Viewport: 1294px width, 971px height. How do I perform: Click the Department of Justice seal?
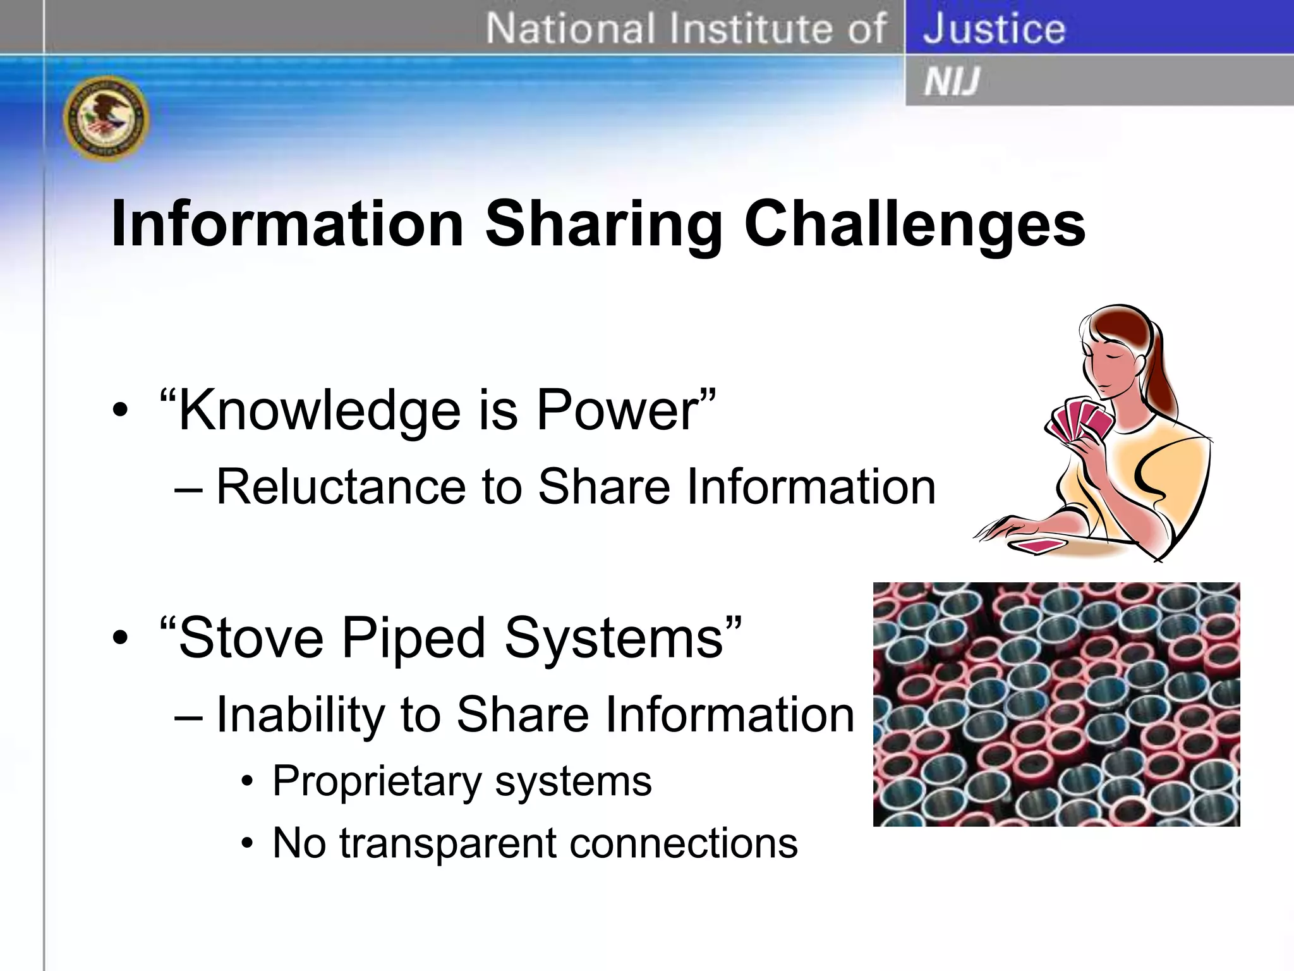(x=106, y=118)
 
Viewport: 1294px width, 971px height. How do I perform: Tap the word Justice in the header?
(x=994, y=28)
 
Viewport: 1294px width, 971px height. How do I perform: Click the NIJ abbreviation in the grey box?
(x=951, y=82)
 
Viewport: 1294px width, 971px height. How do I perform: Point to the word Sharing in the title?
(x=603, y=225)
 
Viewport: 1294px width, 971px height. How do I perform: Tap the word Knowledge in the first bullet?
(x=320, y=411)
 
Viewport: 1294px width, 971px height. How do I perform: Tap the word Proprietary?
(x=377, y=781)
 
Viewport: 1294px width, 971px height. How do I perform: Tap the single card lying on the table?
(x=1037, y=545)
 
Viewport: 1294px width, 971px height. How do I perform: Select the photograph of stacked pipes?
(x=1056, y=704)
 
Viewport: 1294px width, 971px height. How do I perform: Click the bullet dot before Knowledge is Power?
(x=119, y=412)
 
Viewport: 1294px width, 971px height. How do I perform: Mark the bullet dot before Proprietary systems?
(x=248, y=783)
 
